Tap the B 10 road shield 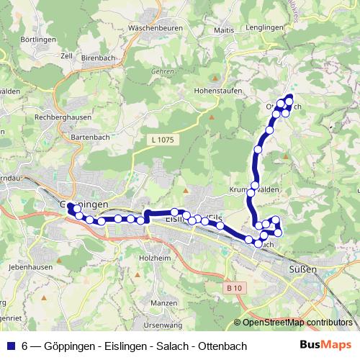click(232, 287)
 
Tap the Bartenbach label click(89, 136)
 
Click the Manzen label click(164, 303)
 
